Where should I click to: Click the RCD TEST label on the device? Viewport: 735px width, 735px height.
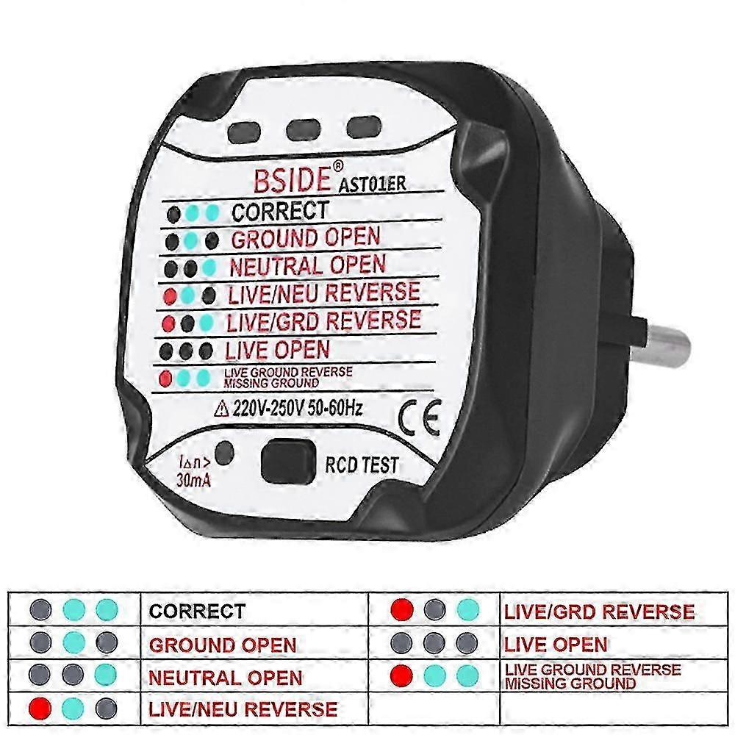[362, 465]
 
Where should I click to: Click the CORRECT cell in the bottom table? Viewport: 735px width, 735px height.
[197, 611]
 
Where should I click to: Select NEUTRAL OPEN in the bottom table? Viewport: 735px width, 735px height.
[225, 677]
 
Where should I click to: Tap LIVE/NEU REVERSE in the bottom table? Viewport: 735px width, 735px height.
[243, 709]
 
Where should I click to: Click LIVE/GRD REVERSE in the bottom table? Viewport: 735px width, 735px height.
[598, 611]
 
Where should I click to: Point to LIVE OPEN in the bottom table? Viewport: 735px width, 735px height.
[556, 645]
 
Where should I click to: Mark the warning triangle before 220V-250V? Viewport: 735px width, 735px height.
[218, 408]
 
